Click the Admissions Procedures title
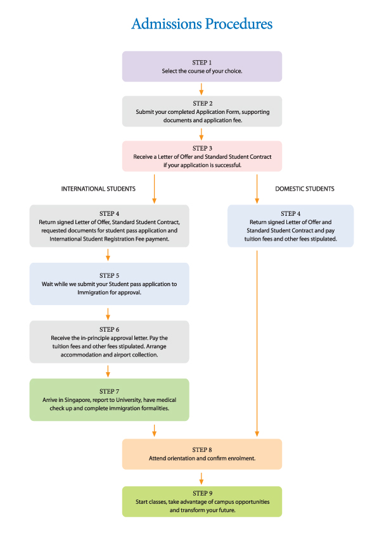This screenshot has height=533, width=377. [201, 24]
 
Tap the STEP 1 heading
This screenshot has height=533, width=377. [201, 63]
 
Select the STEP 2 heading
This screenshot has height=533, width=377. [203, 103]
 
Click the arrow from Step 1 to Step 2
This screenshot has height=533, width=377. [201, 89]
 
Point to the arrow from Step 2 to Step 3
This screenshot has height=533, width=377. [201, 134]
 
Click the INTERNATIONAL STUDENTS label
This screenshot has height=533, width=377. [98, 189]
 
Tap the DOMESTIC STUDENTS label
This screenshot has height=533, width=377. [305, 189]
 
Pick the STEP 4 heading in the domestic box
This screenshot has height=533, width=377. [291, 213]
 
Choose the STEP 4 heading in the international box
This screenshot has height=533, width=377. [109, 213]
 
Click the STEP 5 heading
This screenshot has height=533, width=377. [109, 275]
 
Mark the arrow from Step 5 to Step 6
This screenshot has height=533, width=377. [108, 314]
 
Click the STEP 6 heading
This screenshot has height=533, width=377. [109, 329]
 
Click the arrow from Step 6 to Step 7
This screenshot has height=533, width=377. [108, 371]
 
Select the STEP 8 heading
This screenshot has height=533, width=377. [201, 449]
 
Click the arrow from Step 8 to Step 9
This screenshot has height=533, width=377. [201, 479]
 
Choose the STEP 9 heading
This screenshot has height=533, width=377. [203, 493]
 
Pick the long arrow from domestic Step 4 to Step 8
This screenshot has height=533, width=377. [257, 343]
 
